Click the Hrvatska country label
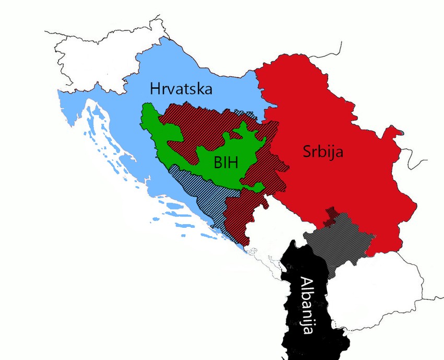(181, 88)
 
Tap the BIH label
(226, 162)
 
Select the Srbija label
(322, 152)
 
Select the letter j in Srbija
(334, 153)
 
